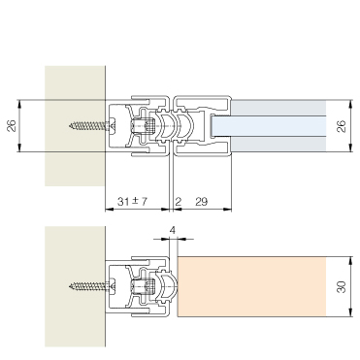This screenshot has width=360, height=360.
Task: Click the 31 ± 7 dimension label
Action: pyautogui.click(x=132, y=202)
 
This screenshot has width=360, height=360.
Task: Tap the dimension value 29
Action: pyautogui.click(x=202, y=202)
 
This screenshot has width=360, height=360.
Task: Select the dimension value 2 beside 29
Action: pyautogui.click(x=178, y=202)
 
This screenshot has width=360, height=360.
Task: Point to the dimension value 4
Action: pyautogui.click(x=173, y=230)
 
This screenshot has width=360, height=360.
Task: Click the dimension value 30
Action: pyautogui.click(x=342, y=287)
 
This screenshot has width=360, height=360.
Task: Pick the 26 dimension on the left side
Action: pyautogui.click(x=12, y=125)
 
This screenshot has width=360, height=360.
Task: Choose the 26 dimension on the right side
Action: pyautogui.click(x=342, y=126)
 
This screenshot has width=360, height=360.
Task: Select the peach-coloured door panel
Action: pyautogui.click(x=251, y=286)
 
